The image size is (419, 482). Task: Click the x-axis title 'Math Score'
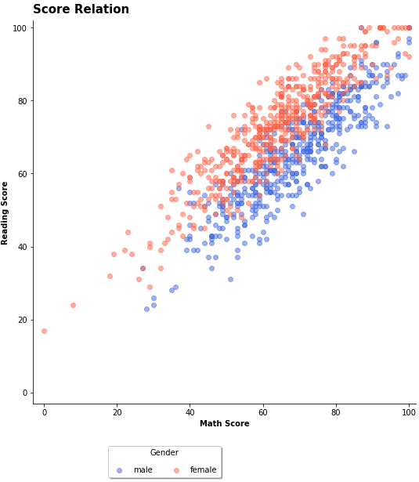224,424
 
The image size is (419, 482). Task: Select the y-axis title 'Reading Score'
5,212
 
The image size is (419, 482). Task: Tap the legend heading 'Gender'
164,453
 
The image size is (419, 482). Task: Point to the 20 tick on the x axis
117,411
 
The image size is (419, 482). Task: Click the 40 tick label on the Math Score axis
190,411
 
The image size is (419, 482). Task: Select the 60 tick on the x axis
262,411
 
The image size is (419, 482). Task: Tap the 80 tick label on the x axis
335,411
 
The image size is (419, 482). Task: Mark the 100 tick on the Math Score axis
408,411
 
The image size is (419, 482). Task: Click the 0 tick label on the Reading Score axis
25,393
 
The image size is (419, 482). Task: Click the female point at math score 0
44,331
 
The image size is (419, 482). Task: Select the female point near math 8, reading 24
73,305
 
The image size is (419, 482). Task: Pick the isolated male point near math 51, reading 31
230,279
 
